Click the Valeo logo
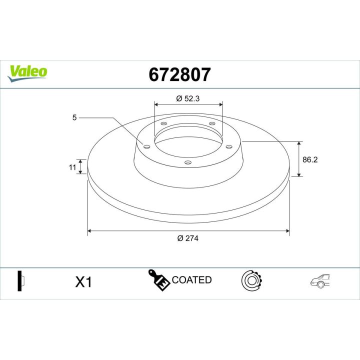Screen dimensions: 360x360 pyautogui.click(x=28, y=71)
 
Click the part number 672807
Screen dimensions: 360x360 pyautogui.click(x=179, y=74)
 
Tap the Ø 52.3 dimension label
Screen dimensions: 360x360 pyautogui.click(x=188, y=98)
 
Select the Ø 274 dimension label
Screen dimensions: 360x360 pyautogui.click(x=188, y=238)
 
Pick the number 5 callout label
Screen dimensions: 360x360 pyautogui.click(x=74, y=117)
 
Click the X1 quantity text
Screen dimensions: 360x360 pyautogui.click(x=83, y=282)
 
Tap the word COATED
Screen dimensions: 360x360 pyautogui.click(x=191, y=280)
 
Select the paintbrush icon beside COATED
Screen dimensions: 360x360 pyautogui.click(x=158, y=280)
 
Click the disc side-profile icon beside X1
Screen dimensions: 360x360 pyautogui.click(x=21, y=281)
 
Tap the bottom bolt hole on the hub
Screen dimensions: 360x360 pyautogui.click(x=188, y=162)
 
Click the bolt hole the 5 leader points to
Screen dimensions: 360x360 pyautogui.click(x=146, y=146)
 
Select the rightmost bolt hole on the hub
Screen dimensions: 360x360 pyautogui.click(x=229, y=146)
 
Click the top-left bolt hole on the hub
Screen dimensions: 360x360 pyautogui.click(x=163, y=123)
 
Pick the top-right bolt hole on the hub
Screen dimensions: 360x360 pyautogui.click(x=212, y=123)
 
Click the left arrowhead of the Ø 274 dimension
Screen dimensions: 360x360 pyautogui.click(x=89, y=231)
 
